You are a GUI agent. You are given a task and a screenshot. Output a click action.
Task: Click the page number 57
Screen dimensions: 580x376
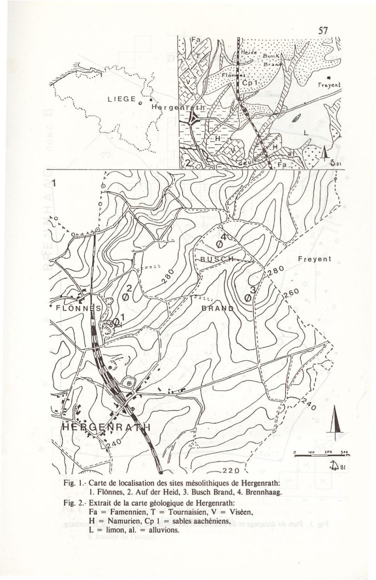point(323,31)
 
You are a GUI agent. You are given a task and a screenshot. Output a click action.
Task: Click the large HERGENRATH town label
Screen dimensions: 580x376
point(106,427)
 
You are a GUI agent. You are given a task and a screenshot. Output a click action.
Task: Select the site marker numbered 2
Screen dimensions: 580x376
point(125,297)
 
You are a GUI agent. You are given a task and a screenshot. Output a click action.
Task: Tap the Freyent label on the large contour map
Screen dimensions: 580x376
point(314,259)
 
